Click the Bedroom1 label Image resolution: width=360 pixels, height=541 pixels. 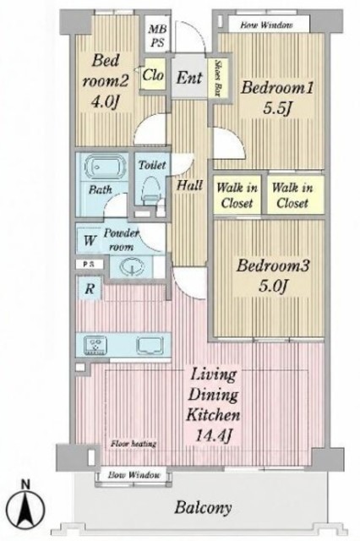point(277,88)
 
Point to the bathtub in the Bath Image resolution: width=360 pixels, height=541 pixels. point(105,167)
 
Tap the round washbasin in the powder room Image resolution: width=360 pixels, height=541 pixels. point(133,267)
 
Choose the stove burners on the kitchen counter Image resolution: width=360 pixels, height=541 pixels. point(95,345)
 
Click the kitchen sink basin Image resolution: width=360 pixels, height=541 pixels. point(150,346)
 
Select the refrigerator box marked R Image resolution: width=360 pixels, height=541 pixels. point(89,287)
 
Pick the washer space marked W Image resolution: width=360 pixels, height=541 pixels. point(89,240)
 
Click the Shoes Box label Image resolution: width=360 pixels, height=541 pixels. point(217,78)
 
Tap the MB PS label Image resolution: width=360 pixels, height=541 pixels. point(157,36)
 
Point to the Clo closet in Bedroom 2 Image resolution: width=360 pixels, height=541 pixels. point(153,74)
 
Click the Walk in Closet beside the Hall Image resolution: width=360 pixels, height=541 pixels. point(237,195)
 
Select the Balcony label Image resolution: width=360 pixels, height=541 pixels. point(203,507)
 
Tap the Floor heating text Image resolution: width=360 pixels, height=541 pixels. point(134,443)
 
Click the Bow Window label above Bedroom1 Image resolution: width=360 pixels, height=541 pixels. point(266,25)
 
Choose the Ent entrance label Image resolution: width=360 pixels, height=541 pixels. point(189,77)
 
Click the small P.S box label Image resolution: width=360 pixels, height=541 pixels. point(89,265)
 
